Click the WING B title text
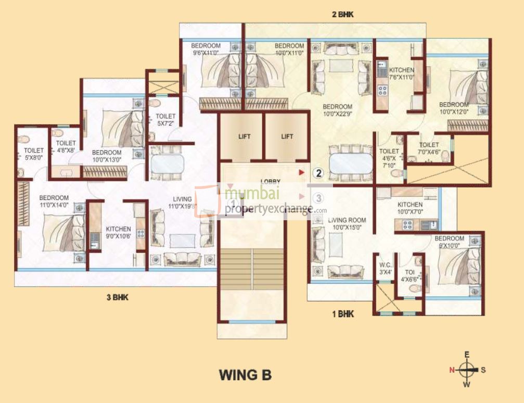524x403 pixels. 245,375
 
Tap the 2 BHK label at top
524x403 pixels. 342,15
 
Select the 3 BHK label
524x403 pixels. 117,298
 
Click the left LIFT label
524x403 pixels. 244,136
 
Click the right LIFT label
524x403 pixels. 287,136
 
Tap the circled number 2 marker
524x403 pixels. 318,172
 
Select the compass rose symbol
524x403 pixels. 467,370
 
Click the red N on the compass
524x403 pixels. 452,370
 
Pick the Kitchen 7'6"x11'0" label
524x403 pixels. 401,73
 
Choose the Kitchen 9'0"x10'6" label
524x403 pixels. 118,232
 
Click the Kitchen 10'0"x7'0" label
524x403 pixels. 410,208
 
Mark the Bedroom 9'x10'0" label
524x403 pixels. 450,242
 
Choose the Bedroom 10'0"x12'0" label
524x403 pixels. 454,108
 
